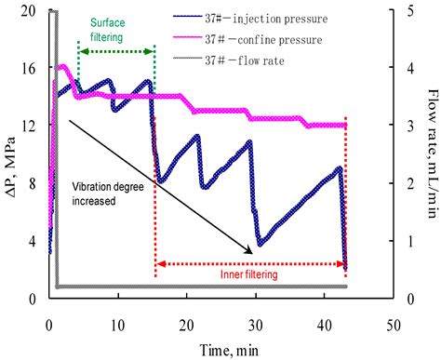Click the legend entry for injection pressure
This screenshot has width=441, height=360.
point(278,17)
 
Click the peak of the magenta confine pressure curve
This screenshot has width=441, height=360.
point(62,67)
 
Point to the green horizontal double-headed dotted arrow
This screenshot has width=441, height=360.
point(116,53)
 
